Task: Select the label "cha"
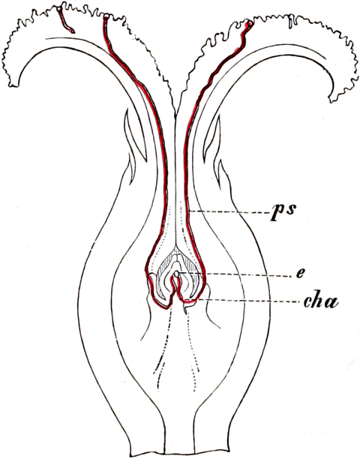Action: tap(321, 301)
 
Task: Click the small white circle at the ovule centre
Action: tap(176, 274)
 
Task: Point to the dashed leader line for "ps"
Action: tap(229, 211)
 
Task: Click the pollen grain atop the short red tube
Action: tap(60, 9)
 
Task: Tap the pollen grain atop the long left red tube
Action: tap(106, 16)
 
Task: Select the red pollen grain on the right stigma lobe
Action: tap(249, 24)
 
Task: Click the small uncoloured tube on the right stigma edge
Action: tap(291, 22)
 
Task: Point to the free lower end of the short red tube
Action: tap(72, 31)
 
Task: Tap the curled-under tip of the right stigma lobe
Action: tap(334, 100)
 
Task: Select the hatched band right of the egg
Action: tap(192, 265)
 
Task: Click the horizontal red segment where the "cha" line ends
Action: tap(188, 301)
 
